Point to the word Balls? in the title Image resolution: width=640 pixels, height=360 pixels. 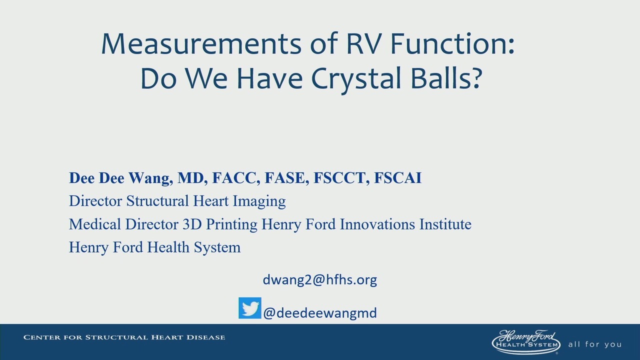(x=446, y=78)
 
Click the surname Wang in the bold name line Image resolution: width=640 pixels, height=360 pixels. (x=150, y=178)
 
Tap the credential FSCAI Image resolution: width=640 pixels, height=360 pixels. (x=397, y=177)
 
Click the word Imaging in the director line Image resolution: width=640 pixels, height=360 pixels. (x=259, y=201)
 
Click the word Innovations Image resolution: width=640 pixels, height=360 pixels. (x=377, y=224)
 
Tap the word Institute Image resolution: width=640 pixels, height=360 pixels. (x=445, y=224)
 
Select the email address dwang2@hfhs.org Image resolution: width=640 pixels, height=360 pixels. (x=319, y=279)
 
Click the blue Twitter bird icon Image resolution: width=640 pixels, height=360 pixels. (x=250, y=308)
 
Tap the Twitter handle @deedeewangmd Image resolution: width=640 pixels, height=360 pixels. (x=320, y=313)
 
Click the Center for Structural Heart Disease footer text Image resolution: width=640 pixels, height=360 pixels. (x=124, y=337)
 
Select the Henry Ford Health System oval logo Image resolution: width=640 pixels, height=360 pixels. (x=526, y=342)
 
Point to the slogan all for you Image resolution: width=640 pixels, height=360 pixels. (x=595, y=344)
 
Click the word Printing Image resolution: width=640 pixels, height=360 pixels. (x=231, y=224)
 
